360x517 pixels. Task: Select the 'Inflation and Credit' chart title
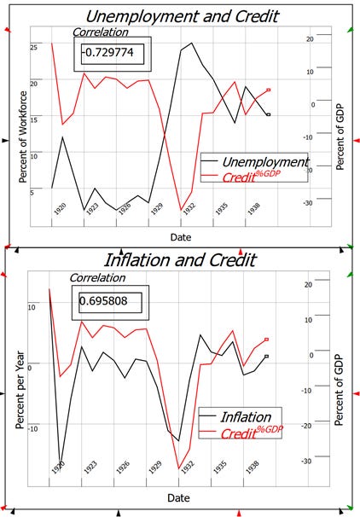pos(179,260)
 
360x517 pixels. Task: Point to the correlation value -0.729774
pos(108,53)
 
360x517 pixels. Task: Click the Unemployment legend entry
pos(264,162)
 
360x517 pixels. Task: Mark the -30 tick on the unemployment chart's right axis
pos(309,202)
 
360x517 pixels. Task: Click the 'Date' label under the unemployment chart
pos(180,236)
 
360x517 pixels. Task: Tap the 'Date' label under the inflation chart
pos(180,497)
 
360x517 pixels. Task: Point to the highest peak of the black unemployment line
pos(191,43)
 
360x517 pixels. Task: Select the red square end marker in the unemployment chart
pos(269,90)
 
